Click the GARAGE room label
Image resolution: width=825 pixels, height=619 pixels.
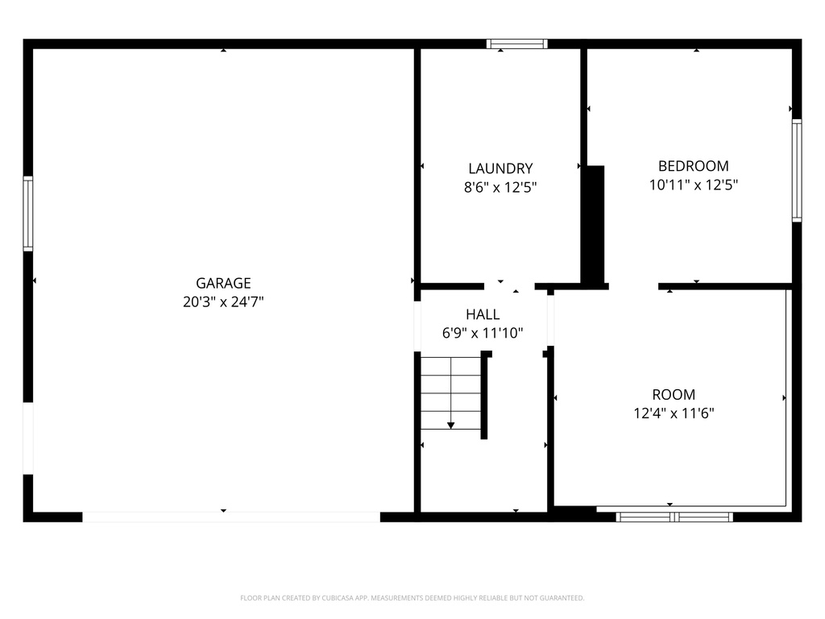click(223, 283)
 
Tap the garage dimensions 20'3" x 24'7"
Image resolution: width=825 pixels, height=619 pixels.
click(223, 302)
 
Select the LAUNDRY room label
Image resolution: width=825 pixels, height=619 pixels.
click(500, 168)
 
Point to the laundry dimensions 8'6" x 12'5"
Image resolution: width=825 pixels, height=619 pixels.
click(500, 187)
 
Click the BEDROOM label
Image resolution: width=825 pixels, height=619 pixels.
click(693, 166)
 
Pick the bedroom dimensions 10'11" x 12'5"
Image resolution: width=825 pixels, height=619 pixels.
click(693, 185)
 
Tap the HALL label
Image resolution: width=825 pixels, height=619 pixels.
click(483, 314)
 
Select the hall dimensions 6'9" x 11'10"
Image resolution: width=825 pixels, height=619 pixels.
click(483, 332)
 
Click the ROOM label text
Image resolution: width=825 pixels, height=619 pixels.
click(674, 395)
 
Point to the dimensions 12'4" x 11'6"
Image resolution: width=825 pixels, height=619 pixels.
click(674, 413)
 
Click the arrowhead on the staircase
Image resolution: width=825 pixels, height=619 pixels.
click(450, 424)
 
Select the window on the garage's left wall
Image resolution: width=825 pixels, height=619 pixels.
click(28, 214)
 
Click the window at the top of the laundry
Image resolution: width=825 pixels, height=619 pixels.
click(517, 44)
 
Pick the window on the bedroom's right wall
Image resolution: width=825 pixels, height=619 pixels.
click(796, 170)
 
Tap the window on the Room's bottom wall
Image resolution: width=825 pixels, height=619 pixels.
click(674, 517)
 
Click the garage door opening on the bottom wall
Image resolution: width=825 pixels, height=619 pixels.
click(231, 517)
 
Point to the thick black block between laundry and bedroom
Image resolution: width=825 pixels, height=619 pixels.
click(594, 224)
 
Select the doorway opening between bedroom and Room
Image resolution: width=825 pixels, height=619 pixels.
click(633, 286)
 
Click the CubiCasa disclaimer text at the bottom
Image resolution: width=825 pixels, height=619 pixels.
click(412, 598)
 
